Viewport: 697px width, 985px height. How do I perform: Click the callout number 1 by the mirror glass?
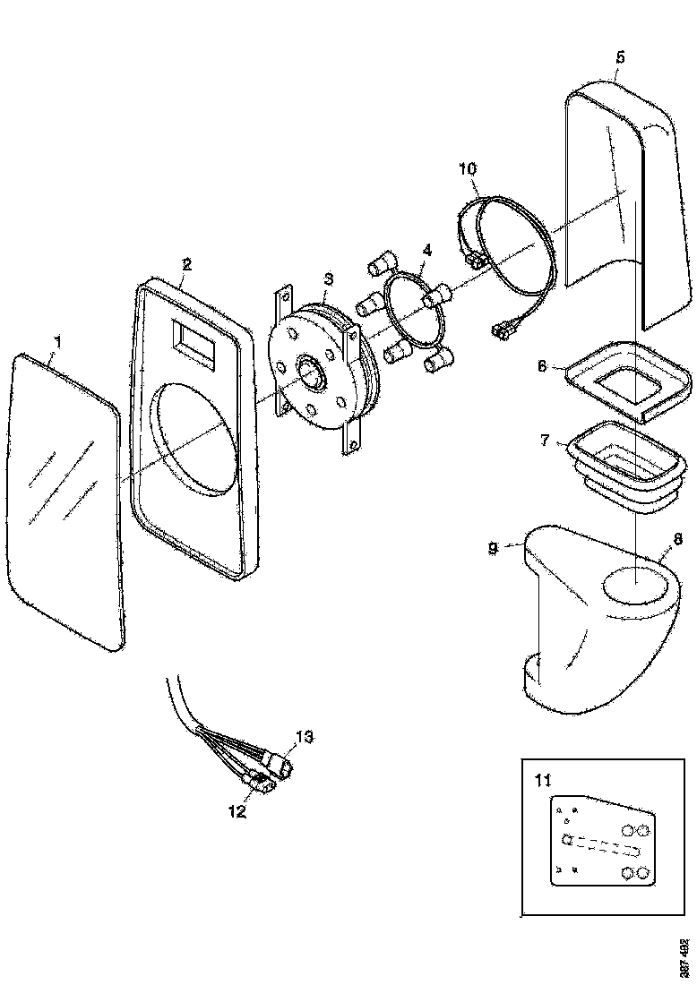tap(58, 341)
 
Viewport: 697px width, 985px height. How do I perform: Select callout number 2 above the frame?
tap(186, 264)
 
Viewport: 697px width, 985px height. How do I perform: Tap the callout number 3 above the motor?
tap(329, 279)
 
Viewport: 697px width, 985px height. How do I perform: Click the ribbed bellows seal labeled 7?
tap(618, 466)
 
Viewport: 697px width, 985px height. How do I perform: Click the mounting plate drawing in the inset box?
tap(600, 842)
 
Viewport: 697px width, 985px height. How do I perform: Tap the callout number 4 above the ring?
tap(427, 252)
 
